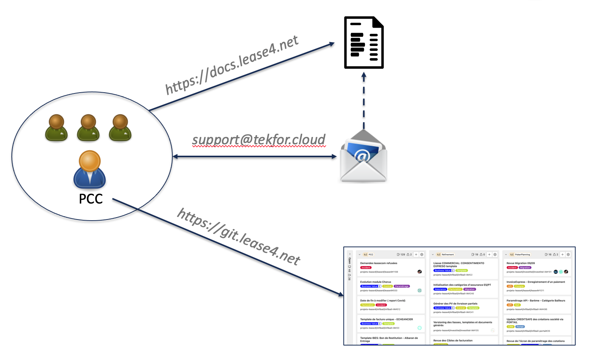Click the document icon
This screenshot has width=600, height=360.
(x=364, y=43)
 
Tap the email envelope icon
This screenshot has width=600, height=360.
(x=363, y=157)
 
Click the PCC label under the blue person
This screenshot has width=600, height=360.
(x=91, y=199)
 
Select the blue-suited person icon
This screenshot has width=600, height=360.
(x=90, y=169)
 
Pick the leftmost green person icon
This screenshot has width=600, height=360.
(x=56, y=128)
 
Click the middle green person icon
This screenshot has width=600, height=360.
(x=88, y=128)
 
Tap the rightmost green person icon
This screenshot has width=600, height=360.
(x=120, y=128)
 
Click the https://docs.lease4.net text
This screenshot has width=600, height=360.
(x=232, y=65)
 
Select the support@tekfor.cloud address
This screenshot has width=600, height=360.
(x=259, y=140)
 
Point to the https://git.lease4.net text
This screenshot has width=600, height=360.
(x=239, y=236)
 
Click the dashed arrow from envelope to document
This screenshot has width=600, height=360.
(x=364, y=101)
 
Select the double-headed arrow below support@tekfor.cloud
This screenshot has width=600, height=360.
(x=254, y=156)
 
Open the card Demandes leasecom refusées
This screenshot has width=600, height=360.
(x=379, y=263)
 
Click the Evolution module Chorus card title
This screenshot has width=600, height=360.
(x=376, y=282)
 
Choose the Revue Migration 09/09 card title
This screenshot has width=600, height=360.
(x=521, y=263)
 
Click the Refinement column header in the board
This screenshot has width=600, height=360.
(x=448, y=254)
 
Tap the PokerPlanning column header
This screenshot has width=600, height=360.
(x=523, y=254)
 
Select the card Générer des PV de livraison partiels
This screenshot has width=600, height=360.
(x=455, y=303)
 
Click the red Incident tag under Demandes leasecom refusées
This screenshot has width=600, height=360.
(x=366, y=268)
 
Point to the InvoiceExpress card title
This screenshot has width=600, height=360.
(x=535, y=282)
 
